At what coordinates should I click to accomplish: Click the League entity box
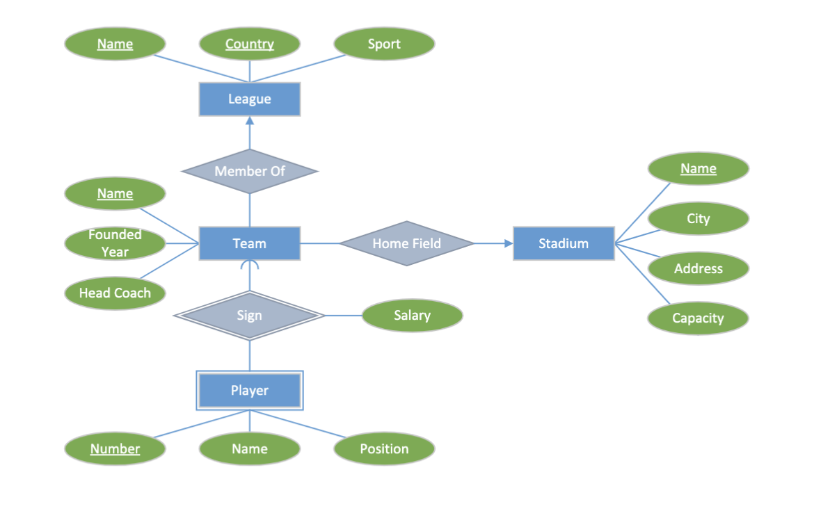click(x=250, y=99)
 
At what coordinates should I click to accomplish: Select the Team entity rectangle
click(x=250, y=243)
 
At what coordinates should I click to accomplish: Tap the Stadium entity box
click(x=564, y=243)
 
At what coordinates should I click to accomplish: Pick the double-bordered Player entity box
click(x=250, y=391)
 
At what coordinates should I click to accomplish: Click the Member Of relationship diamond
click(x=250, y=171)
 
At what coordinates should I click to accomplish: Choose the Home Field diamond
click(x=406, y=243)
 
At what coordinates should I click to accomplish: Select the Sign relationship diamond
click(x=250, y=316)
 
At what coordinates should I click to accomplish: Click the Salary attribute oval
click(x=412, y=316)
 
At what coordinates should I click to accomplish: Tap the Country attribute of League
click(x=250, y=44)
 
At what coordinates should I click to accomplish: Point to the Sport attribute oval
click(x=384, y=44)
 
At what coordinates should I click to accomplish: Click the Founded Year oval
click(x=115, y=243)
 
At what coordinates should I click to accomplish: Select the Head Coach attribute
click(x=115, y=293)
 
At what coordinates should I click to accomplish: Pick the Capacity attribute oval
click(x=698, y=318)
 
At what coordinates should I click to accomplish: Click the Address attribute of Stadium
click(x=698, y=268)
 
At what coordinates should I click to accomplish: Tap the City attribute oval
click(x=698, y=218)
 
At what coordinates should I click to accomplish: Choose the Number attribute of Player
click(x=115, y=449)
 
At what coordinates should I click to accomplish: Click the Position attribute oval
click(x=384, y=449)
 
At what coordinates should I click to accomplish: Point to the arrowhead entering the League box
click(x=250, y=121)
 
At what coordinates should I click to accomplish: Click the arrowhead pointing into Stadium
click(x=508, y=243)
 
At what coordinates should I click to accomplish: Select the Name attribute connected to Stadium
click(x=698, y=168)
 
